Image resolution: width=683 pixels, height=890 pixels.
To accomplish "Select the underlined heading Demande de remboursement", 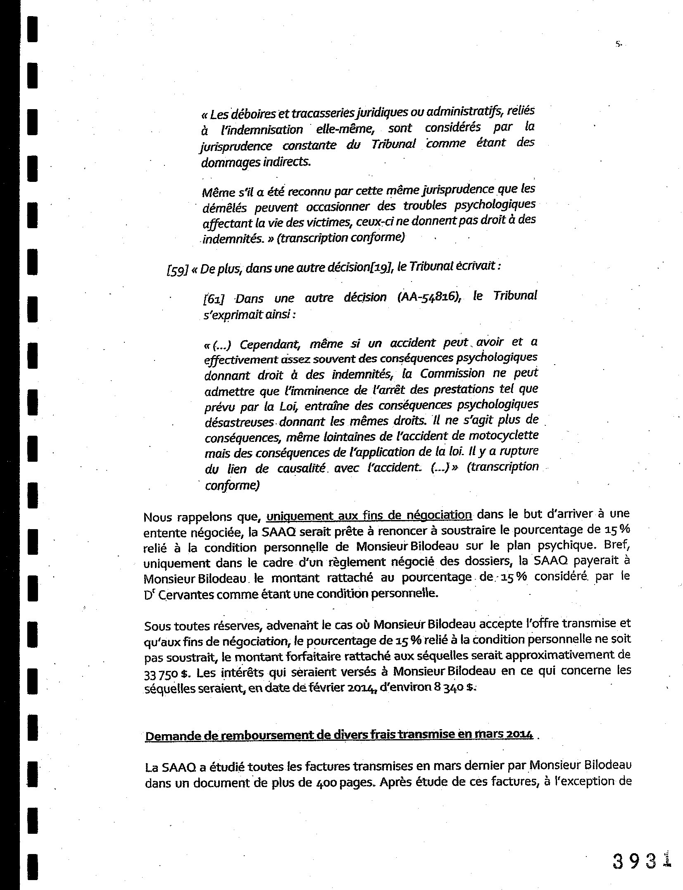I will pos(339,735).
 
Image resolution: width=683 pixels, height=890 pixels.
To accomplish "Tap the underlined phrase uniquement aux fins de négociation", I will pos(369,515).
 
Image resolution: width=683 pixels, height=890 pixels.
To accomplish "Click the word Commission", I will pos(452,373).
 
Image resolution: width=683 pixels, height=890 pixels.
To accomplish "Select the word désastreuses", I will pos(240,422).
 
